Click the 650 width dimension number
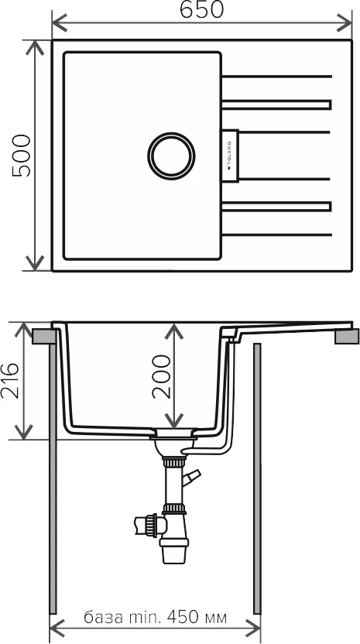point(201,9)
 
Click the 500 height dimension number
point(22,156)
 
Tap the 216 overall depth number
point(10,381)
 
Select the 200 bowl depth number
point(161,377)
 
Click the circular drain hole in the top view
point(171,156)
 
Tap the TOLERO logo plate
point(230,156)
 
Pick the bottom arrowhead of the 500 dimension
point(35,263)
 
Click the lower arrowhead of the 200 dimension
point(174,420)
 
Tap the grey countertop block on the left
point(43,337)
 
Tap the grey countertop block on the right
point(347,337)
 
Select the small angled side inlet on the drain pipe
point(191,478)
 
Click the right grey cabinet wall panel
point(257,478)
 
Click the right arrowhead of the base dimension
point(252,629)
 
